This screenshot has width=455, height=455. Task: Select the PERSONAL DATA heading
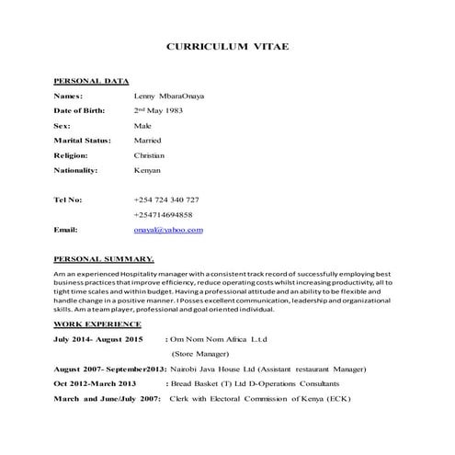tap(90, 81)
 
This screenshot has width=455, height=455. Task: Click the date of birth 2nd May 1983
tap(158, 110)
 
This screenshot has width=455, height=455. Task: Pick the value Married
tap(147, 140)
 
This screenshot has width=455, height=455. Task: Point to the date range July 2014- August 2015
tap(98, 339)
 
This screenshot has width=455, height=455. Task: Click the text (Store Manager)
tap(201, 354)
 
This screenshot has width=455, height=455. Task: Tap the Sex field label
tap(62, 125)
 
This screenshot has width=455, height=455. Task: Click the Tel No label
tap(68, 199)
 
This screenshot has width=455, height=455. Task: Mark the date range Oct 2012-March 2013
tap(95, 383)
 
